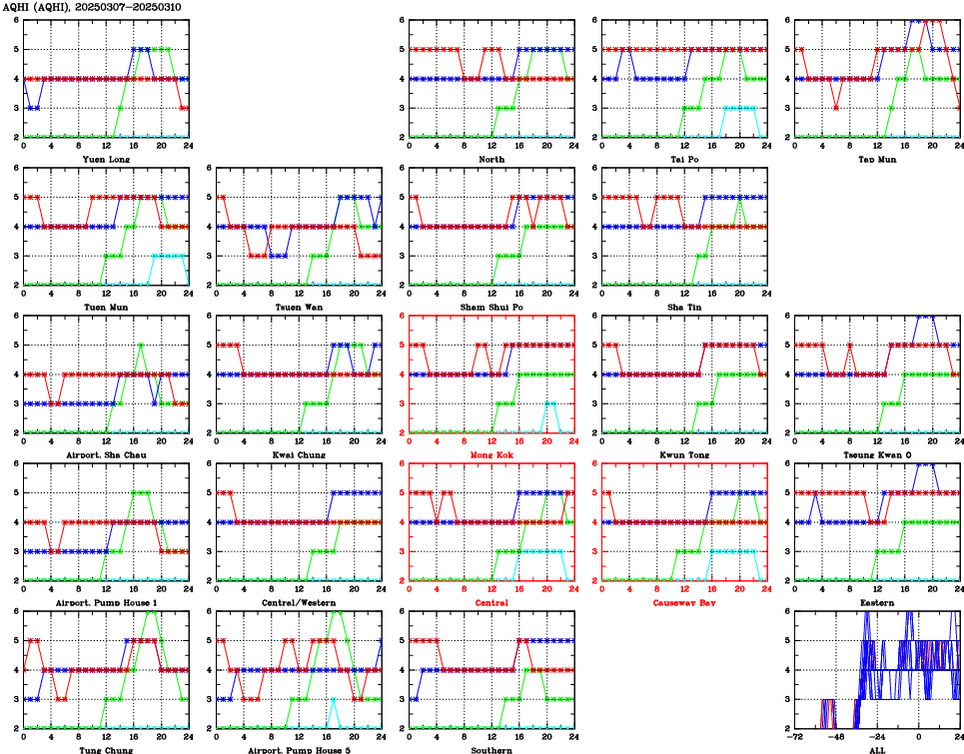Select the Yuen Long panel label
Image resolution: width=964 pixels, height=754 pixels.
[x=105, y=160]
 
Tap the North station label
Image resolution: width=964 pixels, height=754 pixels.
[x=491, y=160]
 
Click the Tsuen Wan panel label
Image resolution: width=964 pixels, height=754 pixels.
[x=299, y=307]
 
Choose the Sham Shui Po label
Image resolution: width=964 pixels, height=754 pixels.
[x=491, y=307]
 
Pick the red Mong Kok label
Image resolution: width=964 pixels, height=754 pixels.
[x=491, y=454]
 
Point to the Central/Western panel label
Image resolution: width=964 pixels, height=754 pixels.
[x=299, y=602]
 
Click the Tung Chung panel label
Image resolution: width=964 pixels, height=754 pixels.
[x=105, y=749]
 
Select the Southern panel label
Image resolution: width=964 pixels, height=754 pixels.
[x=491, y=749]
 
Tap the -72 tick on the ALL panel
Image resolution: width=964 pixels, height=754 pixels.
[x=793, y=738]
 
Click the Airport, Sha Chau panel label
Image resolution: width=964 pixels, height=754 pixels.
[x=105, y=454]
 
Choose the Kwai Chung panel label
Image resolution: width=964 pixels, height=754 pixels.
[x=299, y=454]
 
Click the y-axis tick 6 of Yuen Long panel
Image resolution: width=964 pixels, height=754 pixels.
[x=15, y=20]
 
